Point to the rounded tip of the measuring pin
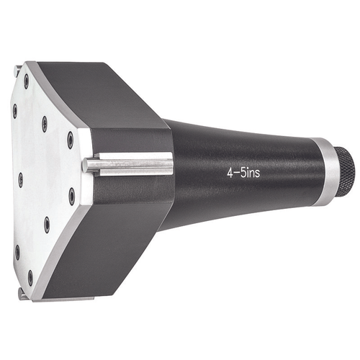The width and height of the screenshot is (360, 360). point(86,165)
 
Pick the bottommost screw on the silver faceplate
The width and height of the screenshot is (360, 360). point(30,275)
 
